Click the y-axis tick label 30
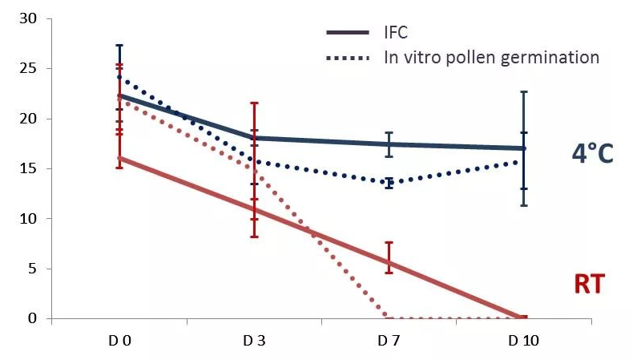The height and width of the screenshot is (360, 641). (x=29, y=18)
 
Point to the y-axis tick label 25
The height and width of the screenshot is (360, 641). (x=29, y=69)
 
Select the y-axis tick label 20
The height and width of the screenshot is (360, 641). (x=29, y=119)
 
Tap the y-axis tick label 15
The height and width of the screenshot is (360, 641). (x=29, y=168)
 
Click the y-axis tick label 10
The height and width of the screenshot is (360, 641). (x=29, y=218)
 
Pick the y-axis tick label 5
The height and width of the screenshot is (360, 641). (x=33, y=269)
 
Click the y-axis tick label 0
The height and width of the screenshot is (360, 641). (x=33, y=318)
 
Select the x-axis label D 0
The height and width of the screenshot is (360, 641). (x=119, y=342)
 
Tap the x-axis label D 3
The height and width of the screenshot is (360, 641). (x=254, y=342)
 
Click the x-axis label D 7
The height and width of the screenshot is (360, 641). (x=389, y=342)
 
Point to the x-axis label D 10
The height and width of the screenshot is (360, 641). (x=523, y=342)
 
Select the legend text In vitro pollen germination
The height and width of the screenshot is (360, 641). (x=491, y=58)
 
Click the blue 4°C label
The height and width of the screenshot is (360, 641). (x=592, y=153)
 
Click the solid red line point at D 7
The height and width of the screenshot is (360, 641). (x=389, y=262)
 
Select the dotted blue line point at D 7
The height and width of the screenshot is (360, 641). (x=389, y=183)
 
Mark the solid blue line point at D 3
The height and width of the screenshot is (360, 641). (x=254, y=138)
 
